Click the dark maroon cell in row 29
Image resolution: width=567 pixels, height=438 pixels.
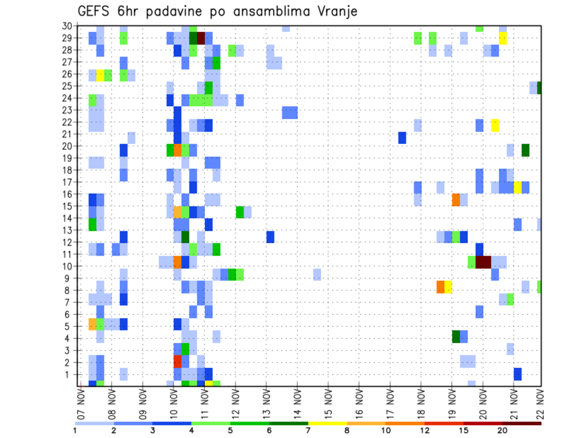click(x=201, y=38)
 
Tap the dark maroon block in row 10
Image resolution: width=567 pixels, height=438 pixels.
click(x=483, y=262)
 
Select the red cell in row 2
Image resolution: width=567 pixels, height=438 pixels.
click(x=177, y=361)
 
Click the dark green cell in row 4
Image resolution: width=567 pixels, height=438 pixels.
click(x=456, y=336)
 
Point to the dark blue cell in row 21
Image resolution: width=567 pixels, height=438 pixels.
click(x=402, y=138)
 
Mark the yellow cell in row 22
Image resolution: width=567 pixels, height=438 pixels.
click(x=495, y=125)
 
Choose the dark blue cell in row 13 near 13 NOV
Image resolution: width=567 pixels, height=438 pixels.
click(x=270, y=237)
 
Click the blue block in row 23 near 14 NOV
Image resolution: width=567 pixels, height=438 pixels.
click(x=289, y=113)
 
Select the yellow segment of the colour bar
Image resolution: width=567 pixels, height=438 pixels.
click(x=327, y=423)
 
